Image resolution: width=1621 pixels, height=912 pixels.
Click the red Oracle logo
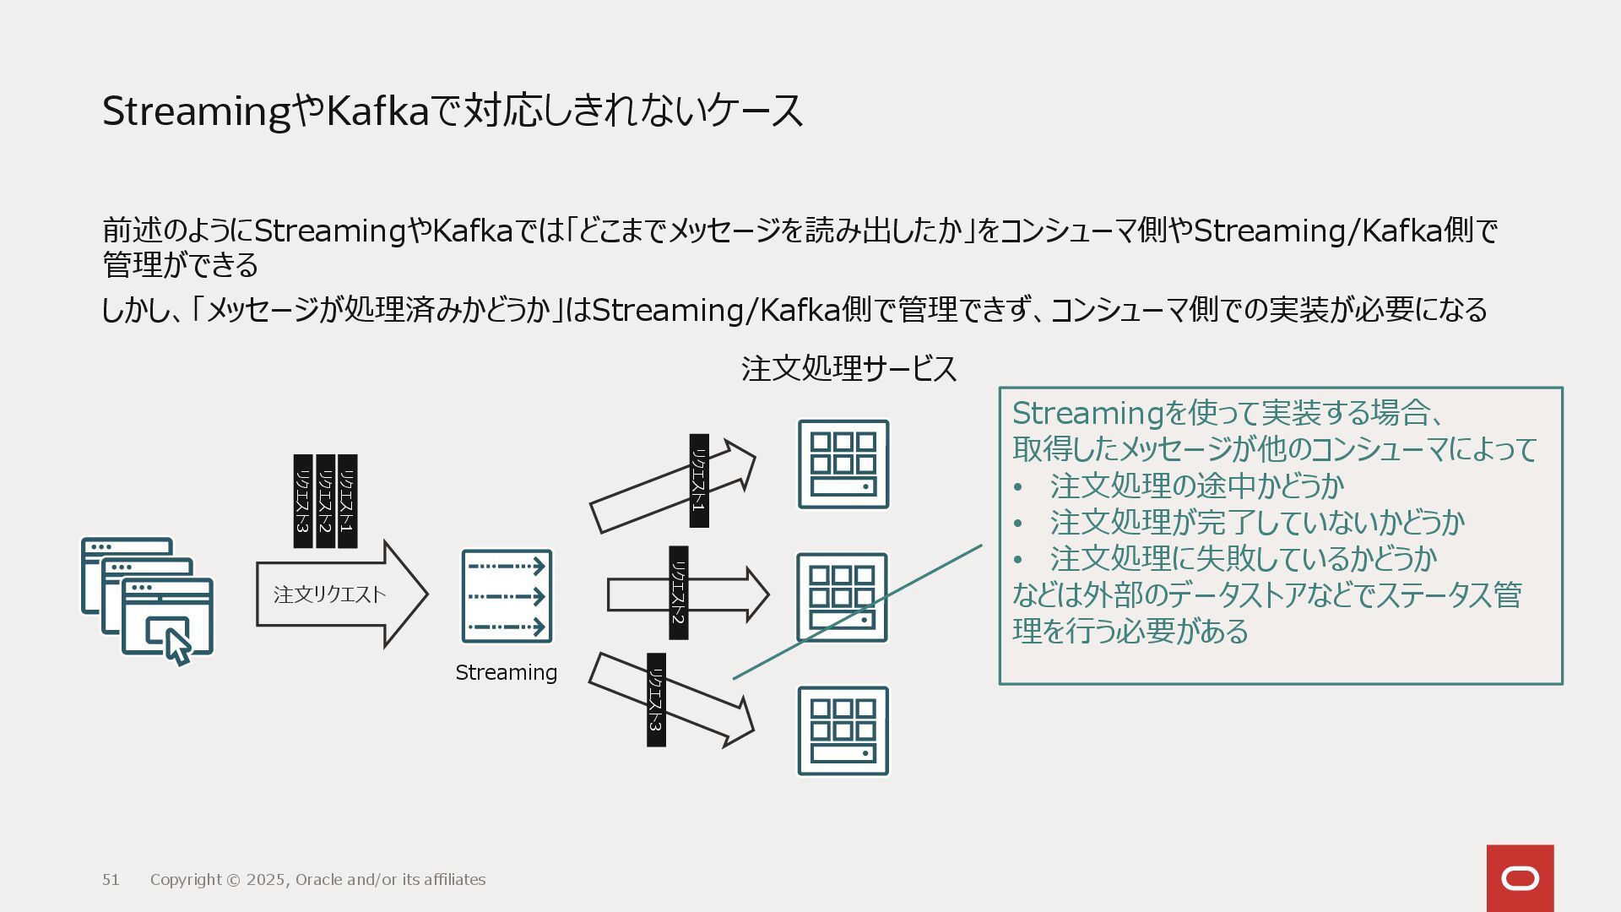pyautogui.click(x=1520, y=878)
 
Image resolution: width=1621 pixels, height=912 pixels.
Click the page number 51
pyautogui.click(x=111, y=880)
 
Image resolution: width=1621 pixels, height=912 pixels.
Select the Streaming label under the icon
pyautogui.click(x=506, y=672)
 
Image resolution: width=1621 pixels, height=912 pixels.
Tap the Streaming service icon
pyautogui.click(x=507, y=596)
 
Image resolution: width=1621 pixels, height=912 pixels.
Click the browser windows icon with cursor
pyautogui.click(x=148, y=600)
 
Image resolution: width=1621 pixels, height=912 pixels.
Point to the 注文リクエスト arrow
pyautogui.click(x=338, y=594)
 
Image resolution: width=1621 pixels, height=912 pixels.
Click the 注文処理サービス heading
pyautogui.click(x=848, y=369)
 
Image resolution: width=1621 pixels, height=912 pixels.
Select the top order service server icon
pyautogui.click(x=843, y=464)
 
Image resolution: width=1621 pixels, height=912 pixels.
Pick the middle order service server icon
pyautogui.click(x=843, y=597)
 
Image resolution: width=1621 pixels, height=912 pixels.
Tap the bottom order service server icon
pyautogui.click(x=843, y=730)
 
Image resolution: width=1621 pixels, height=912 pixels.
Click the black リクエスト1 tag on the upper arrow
pyautogui.click(x=699, y=480)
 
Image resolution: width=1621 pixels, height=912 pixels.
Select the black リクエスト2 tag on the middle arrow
pyautogui.click(x=678, y=593)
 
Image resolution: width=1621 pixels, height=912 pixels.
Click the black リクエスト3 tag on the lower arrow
pyautogui.click(x=656, y=700)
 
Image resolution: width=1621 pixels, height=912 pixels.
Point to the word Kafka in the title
pyautogui.click(x=377, y=111)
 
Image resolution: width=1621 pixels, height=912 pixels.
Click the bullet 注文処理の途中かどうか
pyautogui.click(x=1196, y=486)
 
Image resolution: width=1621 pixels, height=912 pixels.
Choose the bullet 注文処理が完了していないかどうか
pyautogui.click(x=1256, y=523)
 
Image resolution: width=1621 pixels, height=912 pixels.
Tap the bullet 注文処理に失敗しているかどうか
pyautogui.click(x=1243, y=559)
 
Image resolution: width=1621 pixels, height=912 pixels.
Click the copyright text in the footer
pyautogui.click(x=317, y=880)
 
